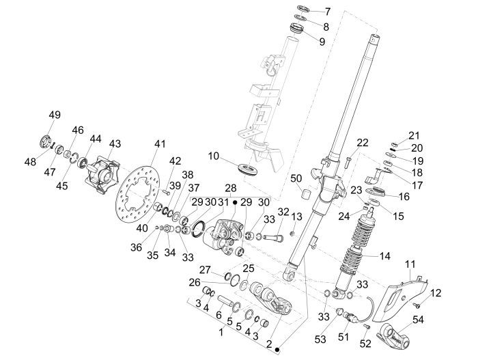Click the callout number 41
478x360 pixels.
click(x=160, y=144)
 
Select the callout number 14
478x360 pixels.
click(x=384, y=257)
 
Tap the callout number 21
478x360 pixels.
click(x=414, y=135)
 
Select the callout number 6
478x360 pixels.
click(x=218, y=316)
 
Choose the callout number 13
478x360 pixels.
click(x=296, y=217)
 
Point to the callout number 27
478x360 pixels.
click(x=204, y=269)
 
